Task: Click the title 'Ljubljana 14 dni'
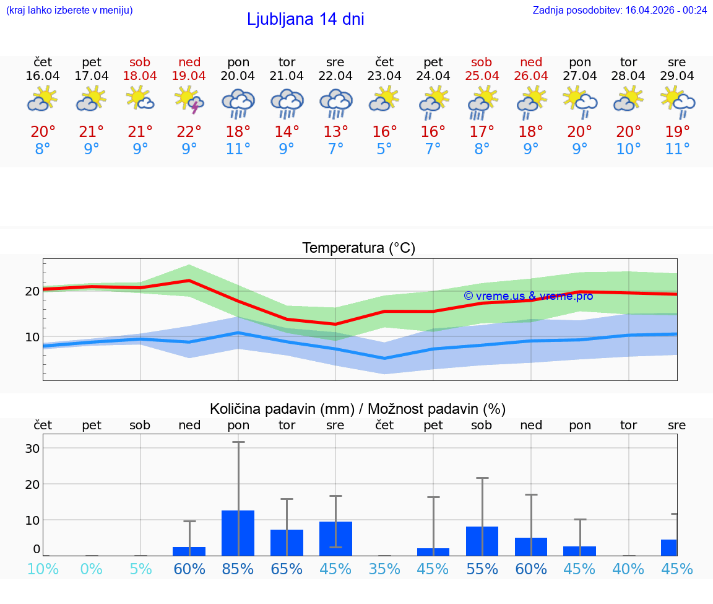coord(305,19)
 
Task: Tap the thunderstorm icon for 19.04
coord(189,100)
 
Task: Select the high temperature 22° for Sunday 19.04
coord(189,132)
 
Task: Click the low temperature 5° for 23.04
coord(384,149)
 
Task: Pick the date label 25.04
coord(482,76)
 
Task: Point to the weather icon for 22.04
coord(335,103)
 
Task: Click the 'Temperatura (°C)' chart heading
coord(358,248)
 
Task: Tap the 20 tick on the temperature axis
coord(32,291)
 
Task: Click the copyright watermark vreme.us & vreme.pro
coord(528,296)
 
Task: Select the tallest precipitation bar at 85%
coord(238,533)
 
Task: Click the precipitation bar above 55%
coord(482,541)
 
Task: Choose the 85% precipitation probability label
coord(238,569)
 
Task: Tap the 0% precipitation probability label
coord(92,569)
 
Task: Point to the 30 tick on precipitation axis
coord(32,449)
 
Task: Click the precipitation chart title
coord(358,409)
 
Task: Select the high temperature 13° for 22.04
coord(335,132)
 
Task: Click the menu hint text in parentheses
coord(69,11)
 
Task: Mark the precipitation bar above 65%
coord(287,542)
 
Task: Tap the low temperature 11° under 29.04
coord(677,149)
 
